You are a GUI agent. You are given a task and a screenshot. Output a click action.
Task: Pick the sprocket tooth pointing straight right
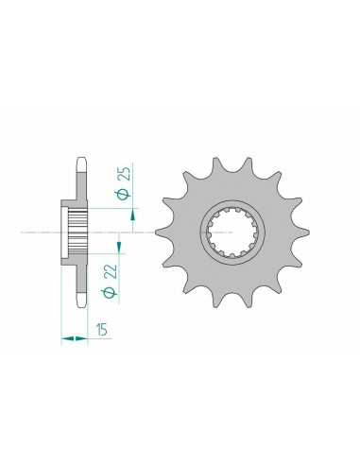pyautogui.click(x=302, y=232)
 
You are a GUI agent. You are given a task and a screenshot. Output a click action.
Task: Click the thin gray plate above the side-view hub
pyautogui.click(x=82, y=184)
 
